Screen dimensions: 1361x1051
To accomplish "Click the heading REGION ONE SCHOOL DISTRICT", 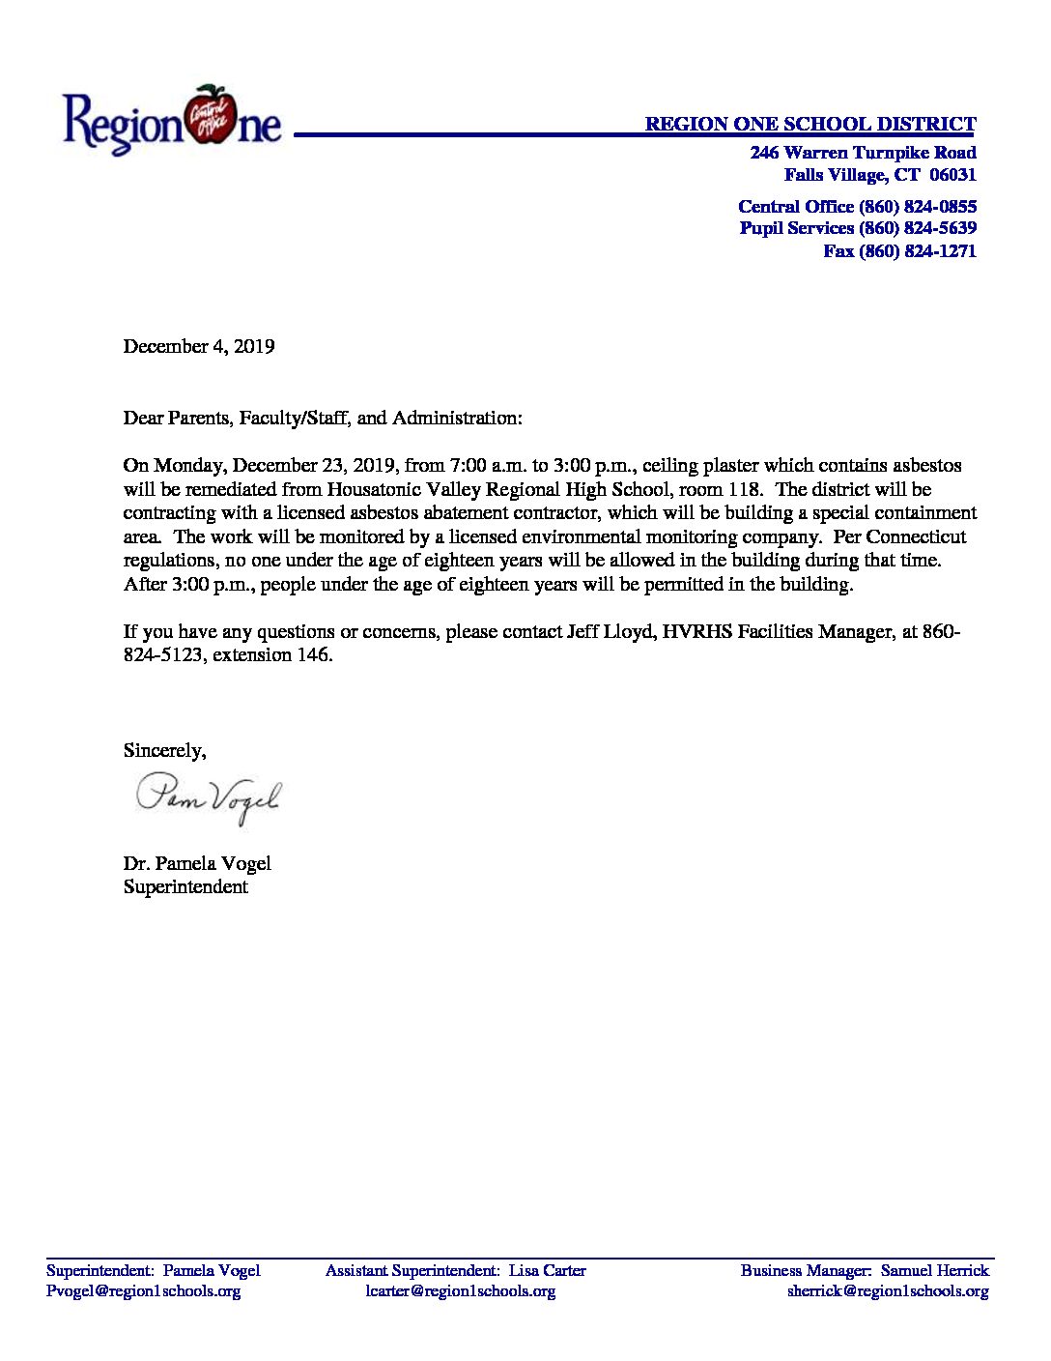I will [x=810, y=124].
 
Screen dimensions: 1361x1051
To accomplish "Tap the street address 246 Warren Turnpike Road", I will [x=863, y=153].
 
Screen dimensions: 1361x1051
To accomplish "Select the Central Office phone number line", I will [x=857, y=207].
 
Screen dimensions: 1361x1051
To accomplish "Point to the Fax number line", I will [x=899, y=251].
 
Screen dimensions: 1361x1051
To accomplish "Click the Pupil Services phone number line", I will [x=858, y=229].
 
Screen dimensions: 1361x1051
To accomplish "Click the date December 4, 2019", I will [x=199, y=347].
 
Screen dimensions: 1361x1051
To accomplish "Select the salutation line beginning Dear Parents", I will [x=323, y=419].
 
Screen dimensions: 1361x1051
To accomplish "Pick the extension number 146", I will [x=314, y=655].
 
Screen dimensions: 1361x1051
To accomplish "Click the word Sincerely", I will [x=164, y=751].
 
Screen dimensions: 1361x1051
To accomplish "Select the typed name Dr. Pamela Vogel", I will [x=197, y=864].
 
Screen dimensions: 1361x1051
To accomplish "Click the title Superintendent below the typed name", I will [x=185, y=887].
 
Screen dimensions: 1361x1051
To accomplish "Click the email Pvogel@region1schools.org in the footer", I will [x=143, y=1291].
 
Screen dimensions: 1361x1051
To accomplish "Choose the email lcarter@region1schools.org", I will [x=460, y=1291].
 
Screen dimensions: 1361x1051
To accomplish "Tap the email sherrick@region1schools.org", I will [x=888, y=1291].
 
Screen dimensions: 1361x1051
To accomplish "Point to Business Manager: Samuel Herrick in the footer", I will [x=865, y=1271].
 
